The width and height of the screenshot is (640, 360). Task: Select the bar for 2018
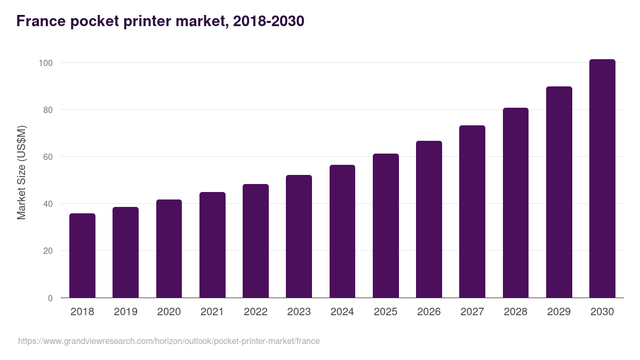pos(82,255)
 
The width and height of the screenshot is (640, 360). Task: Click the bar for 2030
pos(602,179)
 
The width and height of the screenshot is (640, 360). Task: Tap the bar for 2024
pos(342,231)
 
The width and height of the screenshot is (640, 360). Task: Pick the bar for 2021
pos(212,245)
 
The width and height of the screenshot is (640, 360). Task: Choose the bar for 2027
pos(472,212)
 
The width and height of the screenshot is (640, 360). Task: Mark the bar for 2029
pos(559,192)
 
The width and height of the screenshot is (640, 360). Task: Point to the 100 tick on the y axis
pos(46,63)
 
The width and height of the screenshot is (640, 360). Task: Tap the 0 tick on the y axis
pos(51,298)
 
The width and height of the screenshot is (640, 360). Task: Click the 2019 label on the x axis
pos(125,311)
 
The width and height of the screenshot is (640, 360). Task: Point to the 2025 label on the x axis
pos(386,311)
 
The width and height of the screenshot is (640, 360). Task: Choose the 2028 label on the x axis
pos(516,311)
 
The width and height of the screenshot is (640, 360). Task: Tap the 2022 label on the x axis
pos(255,311)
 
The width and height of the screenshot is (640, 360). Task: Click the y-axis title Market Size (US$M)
pos(21,172)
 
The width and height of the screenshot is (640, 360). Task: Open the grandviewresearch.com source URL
pos(169,341)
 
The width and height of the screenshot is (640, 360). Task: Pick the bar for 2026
pos(429,219)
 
